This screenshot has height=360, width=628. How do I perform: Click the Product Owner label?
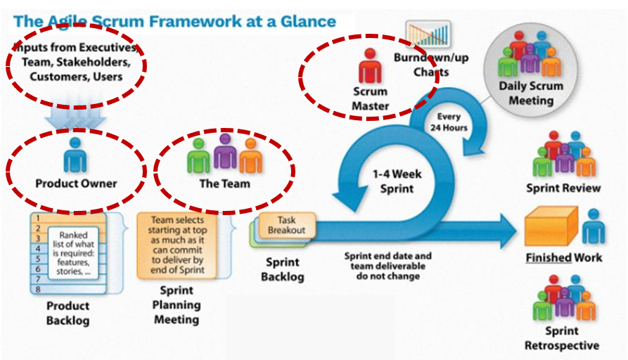[x=76, y=184]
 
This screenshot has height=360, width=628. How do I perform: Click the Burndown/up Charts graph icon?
[x=428, y=34]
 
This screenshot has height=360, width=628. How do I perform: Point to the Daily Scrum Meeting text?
[x=531, y=93]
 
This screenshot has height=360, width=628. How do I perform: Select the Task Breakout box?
[x=286, y=225]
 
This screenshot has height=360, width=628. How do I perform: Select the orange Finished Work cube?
[x=551, y=226]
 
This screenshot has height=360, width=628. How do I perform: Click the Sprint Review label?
[x=563, y=188]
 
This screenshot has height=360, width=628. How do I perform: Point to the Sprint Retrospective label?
[x=561, y=338]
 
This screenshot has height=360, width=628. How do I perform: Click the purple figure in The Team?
[x=225, y=150]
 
